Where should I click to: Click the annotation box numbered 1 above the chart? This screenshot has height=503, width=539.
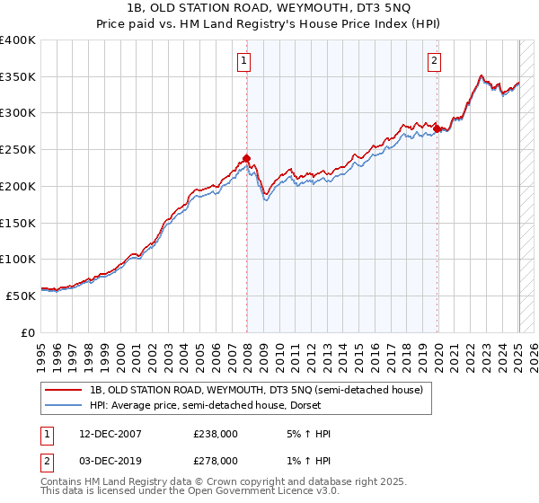coord(243,61)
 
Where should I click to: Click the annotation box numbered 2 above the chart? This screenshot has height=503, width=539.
coord(434,61)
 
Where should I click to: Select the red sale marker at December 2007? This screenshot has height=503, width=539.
coord(246,159)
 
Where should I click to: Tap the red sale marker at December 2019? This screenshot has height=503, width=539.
coord(437,129)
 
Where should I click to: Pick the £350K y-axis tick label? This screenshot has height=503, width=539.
coord(18,77)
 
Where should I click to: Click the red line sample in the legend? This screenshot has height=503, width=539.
coord(64,390)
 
